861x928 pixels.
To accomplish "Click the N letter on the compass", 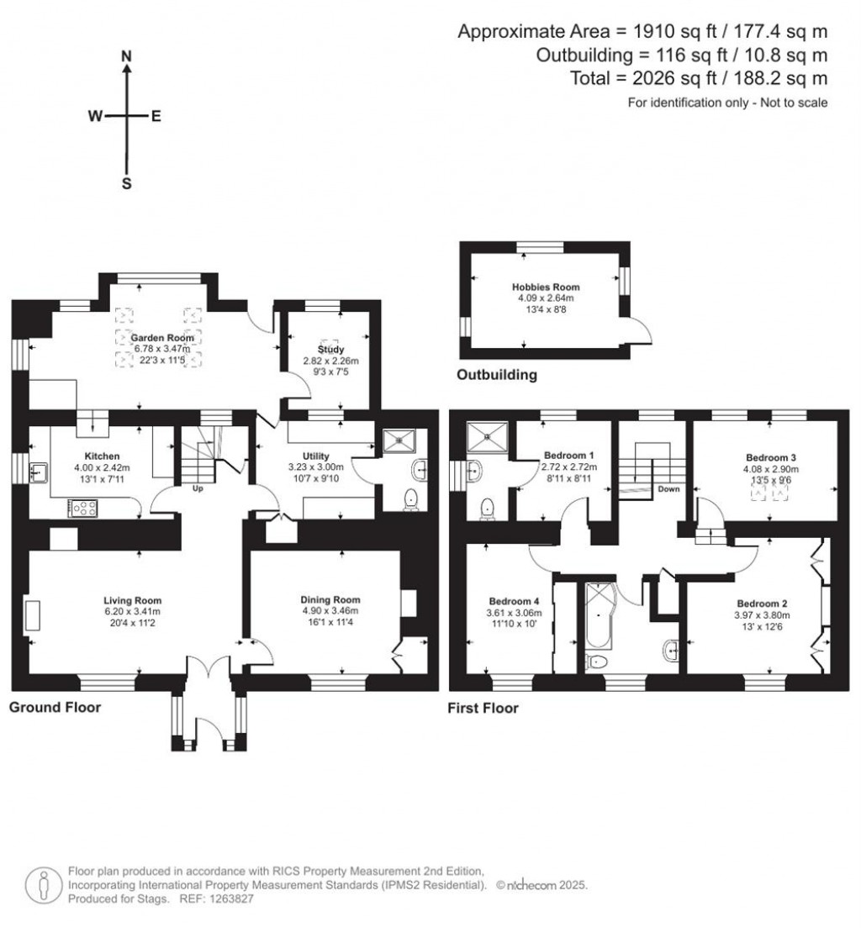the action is pos(126,56).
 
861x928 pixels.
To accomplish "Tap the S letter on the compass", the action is pos(126,184).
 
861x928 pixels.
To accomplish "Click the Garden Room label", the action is pos(162,338).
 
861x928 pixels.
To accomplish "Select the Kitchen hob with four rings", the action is pos(83,508).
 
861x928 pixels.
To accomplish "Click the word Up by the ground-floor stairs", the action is pos(198,489).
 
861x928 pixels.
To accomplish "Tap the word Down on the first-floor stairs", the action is pos(668,489).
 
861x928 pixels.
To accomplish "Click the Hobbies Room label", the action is pos(546,287).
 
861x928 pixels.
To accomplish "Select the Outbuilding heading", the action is pos(497,375).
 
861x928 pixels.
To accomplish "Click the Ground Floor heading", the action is pos(55,707).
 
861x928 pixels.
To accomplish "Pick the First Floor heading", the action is pos(483,709).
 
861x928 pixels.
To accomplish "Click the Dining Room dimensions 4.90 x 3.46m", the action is pos(330,611).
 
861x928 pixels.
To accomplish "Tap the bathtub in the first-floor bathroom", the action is pos(600,615).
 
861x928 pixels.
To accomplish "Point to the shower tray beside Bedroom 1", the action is pos(487,437).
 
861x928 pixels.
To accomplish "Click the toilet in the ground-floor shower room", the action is pos(410,500).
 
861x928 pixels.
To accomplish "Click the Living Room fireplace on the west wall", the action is pos(33,615).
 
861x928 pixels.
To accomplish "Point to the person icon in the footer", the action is pos(44,886).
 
